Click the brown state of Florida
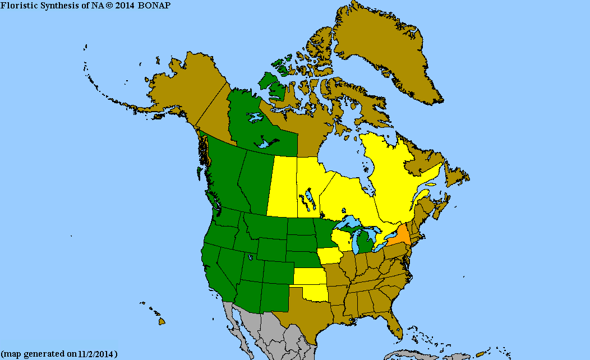[x=395, y=326]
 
